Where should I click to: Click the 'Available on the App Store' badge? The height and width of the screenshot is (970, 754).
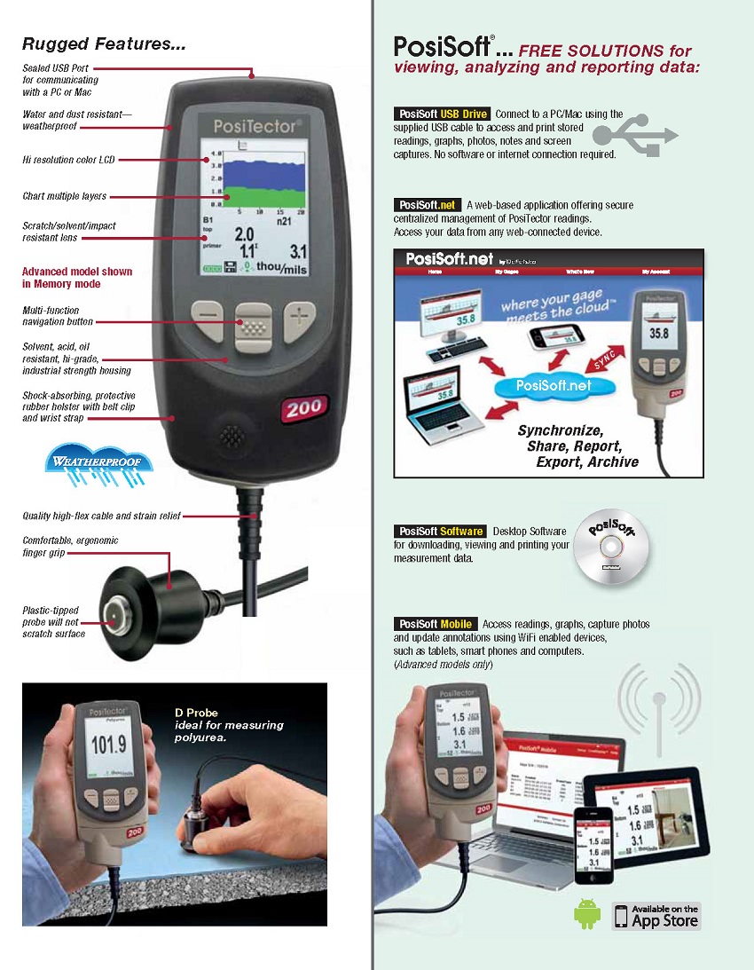(x=656, y=915)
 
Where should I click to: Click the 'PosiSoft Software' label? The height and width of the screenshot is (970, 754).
(x=440, y=532)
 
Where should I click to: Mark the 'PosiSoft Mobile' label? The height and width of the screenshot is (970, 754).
(x=435, y=625)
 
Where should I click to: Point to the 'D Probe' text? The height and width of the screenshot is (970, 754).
(x=195, y=713)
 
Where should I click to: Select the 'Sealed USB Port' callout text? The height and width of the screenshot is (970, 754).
(x=57, y=67)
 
